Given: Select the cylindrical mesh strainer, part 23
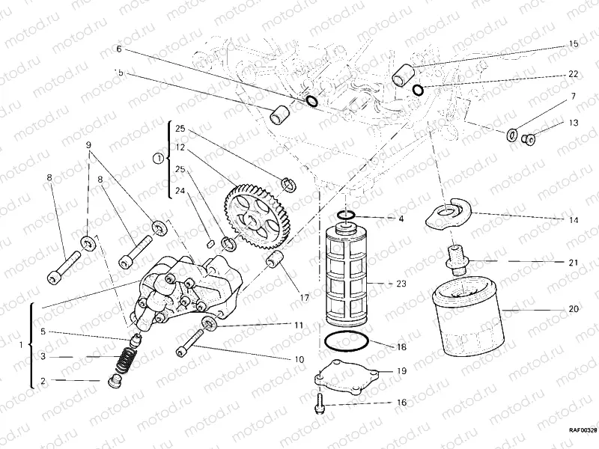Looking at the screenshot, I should pos(345,277).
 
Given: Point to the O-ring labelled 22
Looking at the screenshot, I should pos(418,91).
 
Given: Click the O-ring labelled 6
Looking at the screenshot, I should pos(311,101).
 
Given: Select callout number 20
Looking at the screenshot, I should pos(573,308).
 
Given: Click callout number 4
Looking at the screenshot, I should pos(401,219).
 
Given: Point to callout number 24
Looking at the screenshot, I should pos(180,190).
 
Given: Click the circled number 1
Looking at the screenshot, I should pos(156,159).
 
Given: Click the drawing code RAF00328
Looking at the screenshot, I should pos(580,430).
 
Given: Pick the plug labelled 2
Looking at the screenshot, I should pos(115,382).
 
